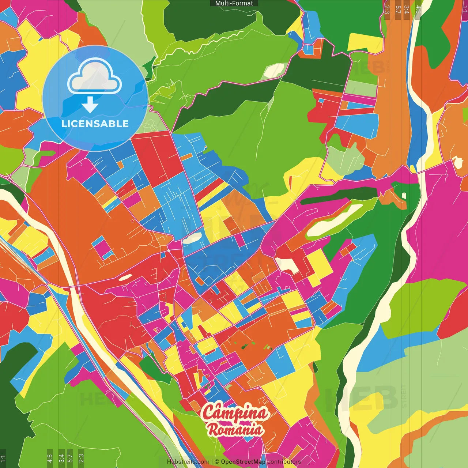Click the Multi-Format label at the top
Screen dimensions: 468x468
234,3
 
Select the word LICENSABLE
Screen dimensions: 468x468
95,124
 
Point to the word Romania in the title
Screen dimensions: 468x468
235,429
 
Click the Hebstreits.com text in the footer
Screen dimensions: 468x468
188,462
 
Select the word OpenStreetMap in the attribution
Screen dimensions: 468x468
243,462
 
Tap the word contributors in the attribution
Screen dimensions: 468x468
284,462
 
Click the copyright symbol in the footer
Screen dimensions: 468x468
216,462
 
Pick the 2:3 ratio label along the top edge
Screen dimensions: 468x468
387,10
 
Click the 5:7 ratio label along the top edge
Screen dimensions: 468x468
398,10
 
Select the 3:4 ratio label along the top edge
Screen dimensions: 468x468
407,10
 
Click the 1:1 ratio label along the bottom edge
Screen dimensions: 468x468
3,458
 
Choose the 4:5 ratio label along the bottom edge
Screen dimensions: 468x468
50,458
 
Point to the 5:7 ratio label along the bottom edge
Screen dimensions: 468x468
70,458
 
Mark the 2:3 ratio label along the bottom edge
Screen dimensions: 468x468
81,458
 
